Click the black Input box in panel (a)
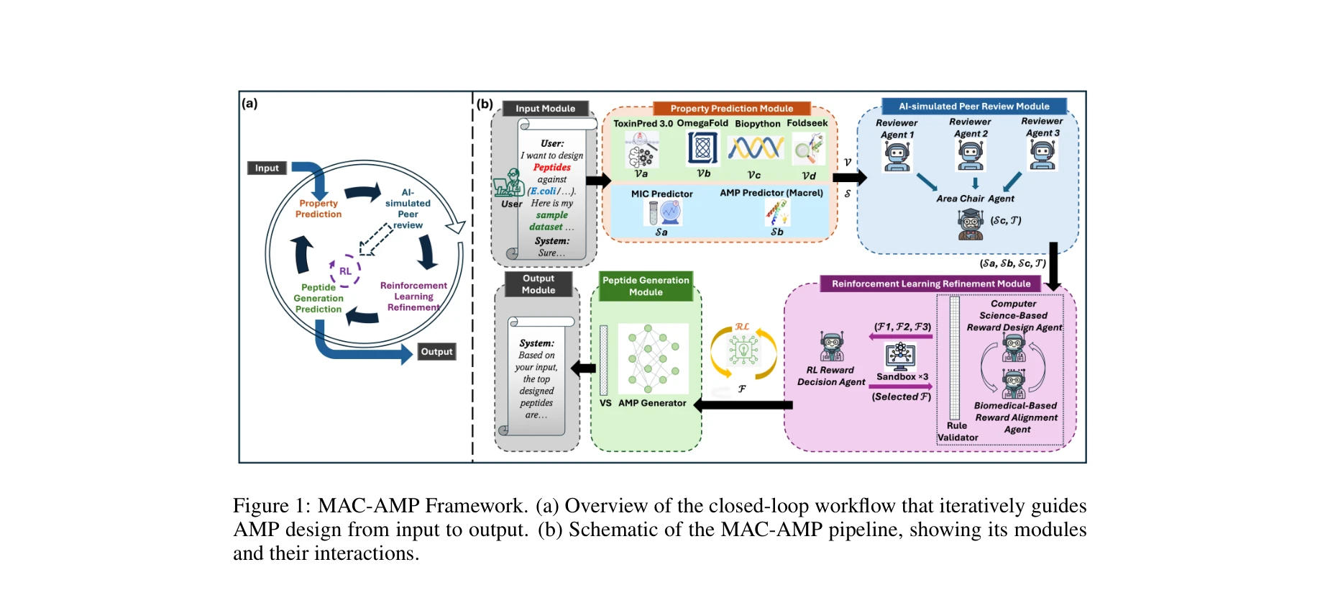point(267,168)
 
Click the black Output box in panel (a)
point(436,351)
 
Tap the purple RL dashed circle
point(345,271)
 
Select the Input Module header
point(545,109)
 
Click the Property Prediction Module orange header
point(731,109)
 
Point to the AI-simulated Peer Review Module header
point(973,107)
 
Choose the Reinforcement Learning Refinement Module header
point(930,284)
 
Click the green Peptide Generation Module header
point(646,286)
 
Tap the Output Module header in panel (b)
point(538,284)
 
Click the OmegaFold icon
point(702,149)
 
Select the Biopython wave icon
point(755,149)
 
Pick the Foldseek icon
point(807,150)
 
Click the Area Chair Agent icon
point(970,224)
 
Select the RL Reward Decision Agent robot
point(832,347)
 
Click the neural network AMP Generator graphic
point(653,358)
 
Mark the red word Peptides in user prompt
point(551,167)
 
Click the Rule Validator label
point(958,431)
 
